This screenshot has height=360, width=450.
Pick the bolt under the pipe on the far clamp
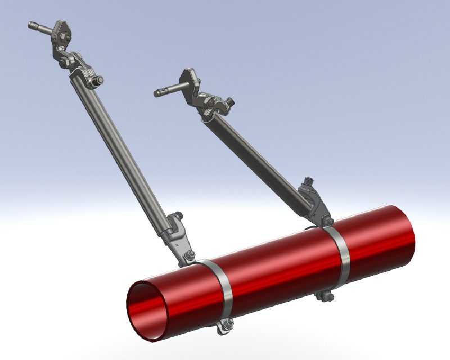coord(325,294)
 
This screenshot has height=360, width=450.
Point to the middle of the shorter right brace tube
coord(259,152)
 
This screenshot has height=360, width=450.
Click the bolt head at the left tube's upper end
coord(98,80)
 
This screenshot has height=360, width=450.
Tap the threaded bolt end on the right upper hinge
coord(229,102)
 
